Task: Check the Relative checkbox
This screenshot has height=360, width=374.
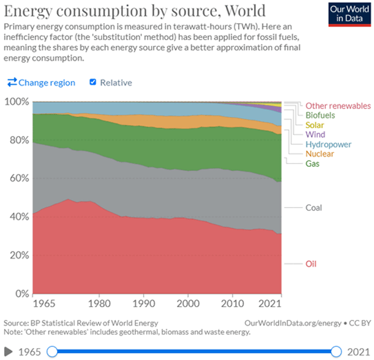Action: coord(93,82)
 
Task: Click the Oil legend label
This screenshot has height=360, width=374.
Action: coord(312,263)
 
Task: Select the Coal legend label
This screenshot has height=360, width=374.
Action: coord(314,208)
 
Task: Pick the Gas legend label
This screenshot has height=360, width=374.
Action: coord(312,163)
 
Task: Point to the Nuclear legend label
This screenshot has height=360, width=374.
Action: coord(320,154)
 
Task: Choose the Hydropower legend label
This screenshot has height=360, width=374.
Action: coord(328,144)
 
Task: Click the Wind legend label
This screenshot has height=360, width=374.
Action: coord(315,135)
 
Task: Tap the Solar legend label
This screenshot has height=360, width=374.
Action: coord(315,125)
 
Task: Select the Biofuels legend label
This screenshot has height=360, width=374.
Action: coord(319,116)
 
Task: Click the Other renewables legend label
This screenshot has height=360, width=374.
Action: coord(338,106)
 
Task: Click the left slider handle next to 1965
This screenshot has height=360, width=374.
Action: coord(52,352)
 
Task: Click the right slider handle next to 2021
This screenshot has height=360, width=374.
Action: coord(337,352)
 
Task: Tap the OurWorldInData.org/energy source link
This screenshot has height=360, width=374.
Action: coord(291,323)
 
